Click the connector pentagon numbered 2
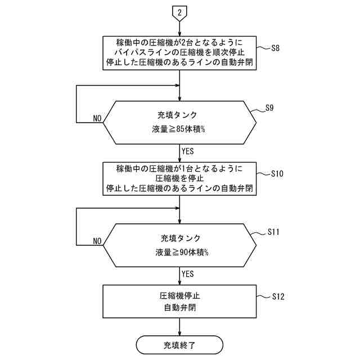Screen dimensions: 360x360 pyautogui.click(x=179, y=12)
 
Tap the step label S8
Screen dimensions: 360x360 pyautogui.click(x=275, y=48)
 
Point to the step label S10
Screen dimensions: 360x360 pyautogui.click(x=277, y=174)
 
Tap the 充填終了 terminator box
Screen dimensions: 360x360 pyautogui.click(x=180, y=345)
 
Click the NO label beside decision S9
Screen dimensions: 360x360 pyautogui.click(x=97, y=119)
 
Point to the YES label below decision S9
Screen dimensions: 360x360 pyautogui.click(x=187, y=151)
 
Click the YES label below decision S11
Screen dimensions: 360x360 pyautogui.click(x=187, y=274)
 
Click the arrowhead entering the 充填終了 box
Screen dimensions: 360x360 pyautogui.click(x=179, y=333)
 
